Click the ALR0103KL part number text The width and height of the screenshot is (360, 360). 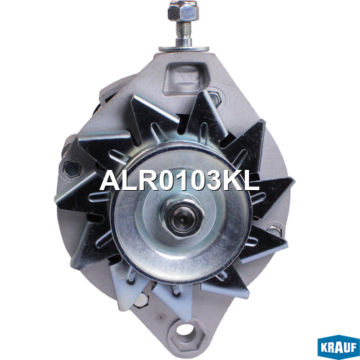(179, 181)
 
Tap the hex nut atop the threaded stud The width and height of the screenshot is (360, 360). (184, 11)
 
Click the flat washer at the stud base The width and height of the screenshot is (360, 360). (184, 49)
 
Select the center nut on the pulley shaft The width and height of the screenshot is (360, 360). (183, 215)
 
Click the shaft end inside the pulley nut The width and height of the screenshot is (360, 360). (182, 218)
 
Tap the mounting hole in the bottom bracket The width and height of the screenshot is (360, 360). (186, 333)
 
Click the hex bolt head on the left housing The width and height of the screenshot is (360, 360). (71, 168)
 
